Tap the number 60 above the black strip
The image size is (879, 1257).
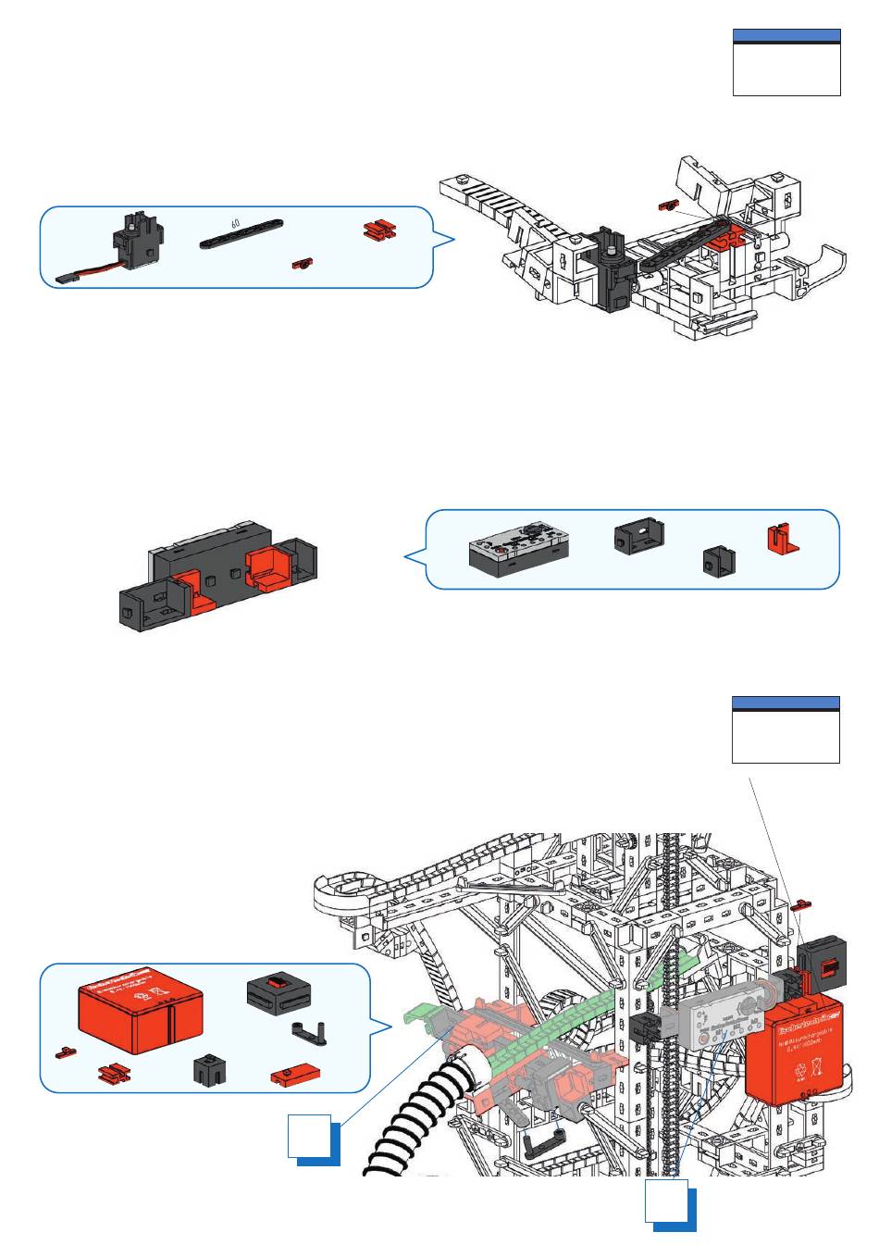(x=236, y=223)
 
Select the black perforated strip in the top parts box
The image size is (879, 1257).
(x=241, y=235)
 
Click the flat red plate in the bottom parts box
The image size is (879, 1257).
(x=294, y=1076)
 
